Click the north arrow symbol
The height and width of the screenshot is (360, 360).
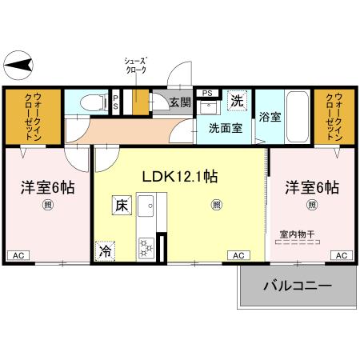[19, 64]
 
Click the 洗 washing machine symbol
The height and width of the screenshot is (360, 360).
[237, 101]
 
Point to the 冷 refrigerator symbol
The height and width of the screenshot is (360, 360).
[106, 251]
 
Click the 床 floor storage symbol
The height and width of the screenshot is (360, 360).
[121, 206]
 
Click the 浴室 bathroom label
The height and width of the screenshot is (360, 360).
[270, 117]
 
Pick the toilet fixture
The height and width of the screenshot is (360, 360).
[93, 102]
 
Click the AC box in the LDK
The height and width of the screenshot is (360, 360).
[238, 255]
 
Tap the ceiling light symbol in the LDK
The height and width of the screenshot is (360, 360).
[216, 205]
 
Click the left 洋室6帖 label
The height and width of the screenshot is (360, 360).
[46, 189]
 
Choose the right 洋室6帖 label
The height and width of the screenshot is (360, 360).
[312, 189]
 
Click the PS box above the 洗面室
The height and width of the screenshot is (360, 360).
[207, 92]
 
